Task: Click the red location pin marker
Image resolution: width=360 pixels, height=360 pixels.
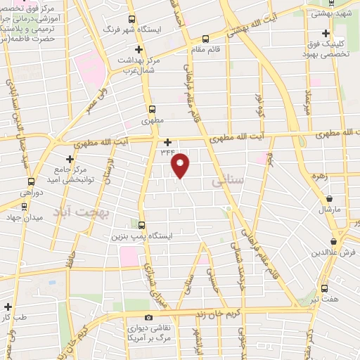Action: (x=181, y=166)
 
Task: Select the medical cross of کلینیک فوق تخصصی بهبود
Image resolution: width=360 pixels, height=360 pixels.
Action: (x=326, y=33)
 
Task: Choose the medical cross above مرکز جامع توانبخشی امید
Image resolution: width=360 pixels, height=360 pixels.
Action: (x=69, y=159)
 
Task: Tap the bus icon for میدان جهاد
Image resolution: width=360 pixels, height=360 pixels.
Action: (x=24, y=207)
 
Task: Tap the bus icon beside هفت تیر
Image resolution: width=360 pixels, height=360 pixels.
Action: (x=324, y=288)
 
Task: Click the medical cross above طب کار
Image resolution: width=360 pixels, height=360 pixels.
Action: (x=8, y=307)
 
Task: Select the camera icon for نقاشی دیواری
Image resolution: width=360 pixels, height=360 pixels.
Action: (x=149, y=317)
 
